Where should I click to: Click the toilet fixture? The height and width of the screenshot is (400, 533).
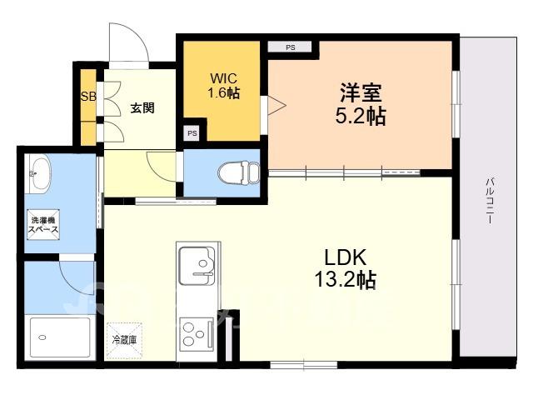[239, 172]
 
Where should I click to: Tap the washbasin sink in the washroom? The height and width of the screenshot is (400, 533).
[38, 174]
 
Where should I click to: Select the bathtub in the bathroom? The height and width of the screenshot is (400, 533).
[60, 337]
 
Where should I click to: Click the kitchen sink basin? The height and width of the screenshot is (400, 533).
[197, 265]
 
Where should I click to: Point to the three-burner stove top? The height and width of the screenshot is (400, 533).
[197, 335]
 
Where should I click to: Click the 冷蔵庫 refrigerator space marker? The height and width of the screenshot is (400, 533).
[124, 340]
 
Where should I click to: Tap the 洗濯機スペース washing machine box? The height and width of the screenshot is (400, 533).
[43, 224]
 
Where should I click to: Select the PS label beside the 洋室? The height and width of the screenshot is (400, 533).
[290, 47]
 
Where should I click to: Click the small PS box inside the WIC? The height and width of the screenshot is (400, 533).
[192, 133]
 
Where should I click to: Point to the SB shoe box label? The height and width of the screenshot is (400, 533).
[88, 97]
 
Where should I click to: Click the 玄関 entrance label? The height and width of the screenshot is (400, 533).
[142, 108]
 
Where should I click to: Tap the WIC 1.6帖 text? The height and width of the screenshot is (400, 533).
[224, 86]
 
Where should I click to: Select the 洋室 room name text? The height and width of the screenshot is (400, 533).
[361, 92]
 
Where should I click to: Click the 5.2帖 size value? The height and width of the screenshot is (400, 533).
[361, 116]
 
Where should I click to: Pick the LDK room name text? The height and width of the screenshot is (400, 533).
[346, 257]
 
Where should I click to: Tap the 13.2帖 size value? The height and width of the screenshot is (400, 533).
[346, 280]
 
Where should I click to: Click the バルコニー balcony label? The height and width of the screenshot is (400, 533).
[490, 200]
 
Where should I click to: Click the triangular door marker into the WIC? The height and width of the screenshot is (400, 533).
[276, 105]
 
